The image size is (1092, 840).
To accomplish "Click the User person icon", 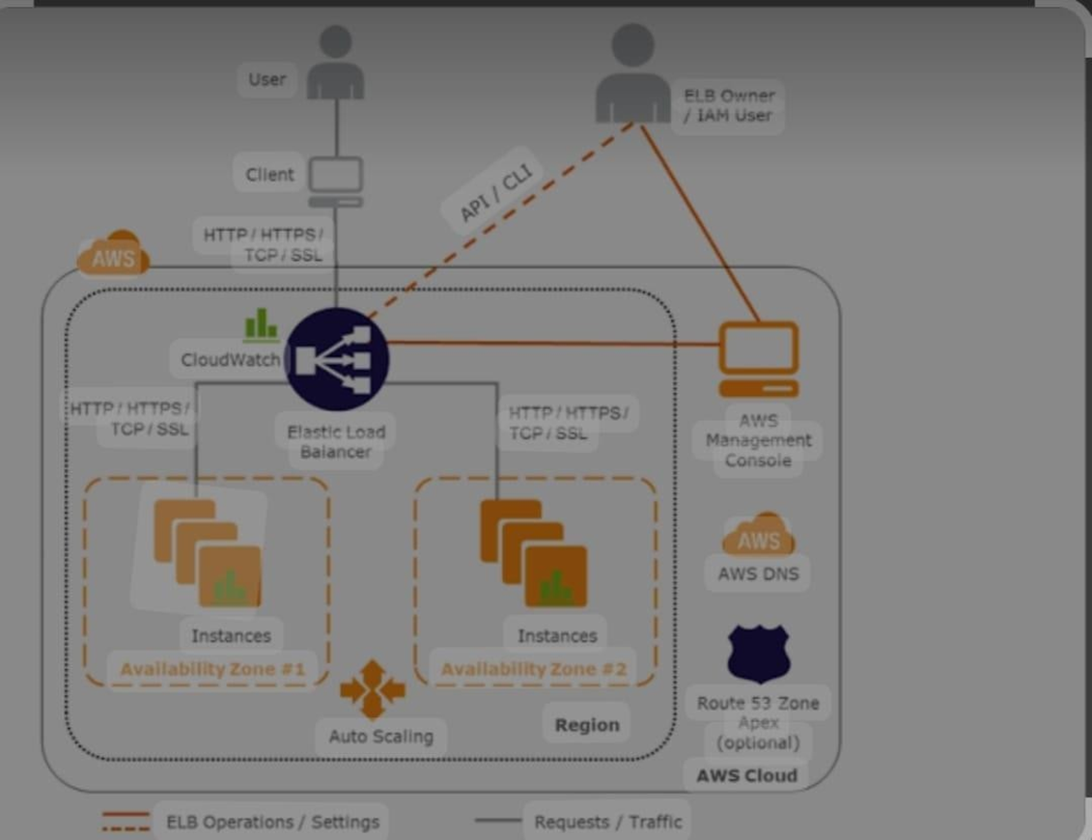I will click(335, 64).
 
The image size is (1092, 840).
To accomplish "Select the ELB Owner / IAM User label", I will click(728, 105).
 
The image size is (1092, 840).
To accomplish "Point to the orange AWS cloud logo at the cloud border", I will click(114, 254).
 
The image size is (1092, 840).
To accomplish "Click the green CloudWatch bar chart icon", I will click(261, 324).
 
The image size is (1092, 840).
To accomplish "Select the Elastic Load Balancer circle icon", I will click(337, 359).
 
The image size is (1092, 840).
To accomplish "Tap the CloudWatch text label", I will click(230, 360).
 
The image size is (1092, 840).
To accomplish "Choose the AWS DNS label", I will click(758, 574).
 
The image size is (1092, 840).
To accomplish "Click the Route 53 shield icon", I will click(759, 654).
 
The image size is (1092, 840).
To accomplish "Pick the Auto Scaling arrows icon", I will click(373, 689).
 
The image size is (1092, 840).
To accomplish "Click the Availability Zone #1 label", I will click(212, 669).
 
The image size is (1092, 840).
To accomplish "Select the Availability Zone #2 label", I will click(534, 669).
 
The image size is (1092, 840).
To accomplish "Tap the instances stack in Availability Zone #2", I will click(534, 553).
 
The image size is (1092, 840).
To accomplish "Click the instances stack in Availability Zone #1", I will click(208, 553).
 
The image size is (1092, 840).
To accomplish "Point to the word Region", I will click(587, 725).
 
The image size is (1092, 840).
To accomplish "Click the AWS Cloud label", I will click(746, 775).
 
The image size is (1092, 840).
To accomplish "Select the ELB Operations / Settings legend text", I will click(272, 823).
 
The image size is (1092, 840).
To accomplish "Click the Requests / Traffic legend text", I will click(607, 823).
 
